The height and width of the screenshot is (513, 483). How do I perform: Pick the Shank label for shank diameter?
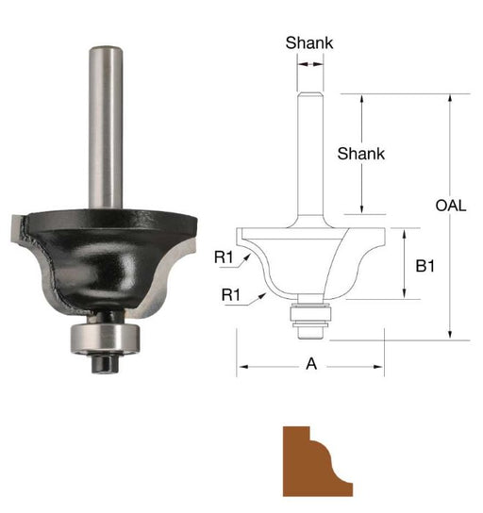tap(309, 42)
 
